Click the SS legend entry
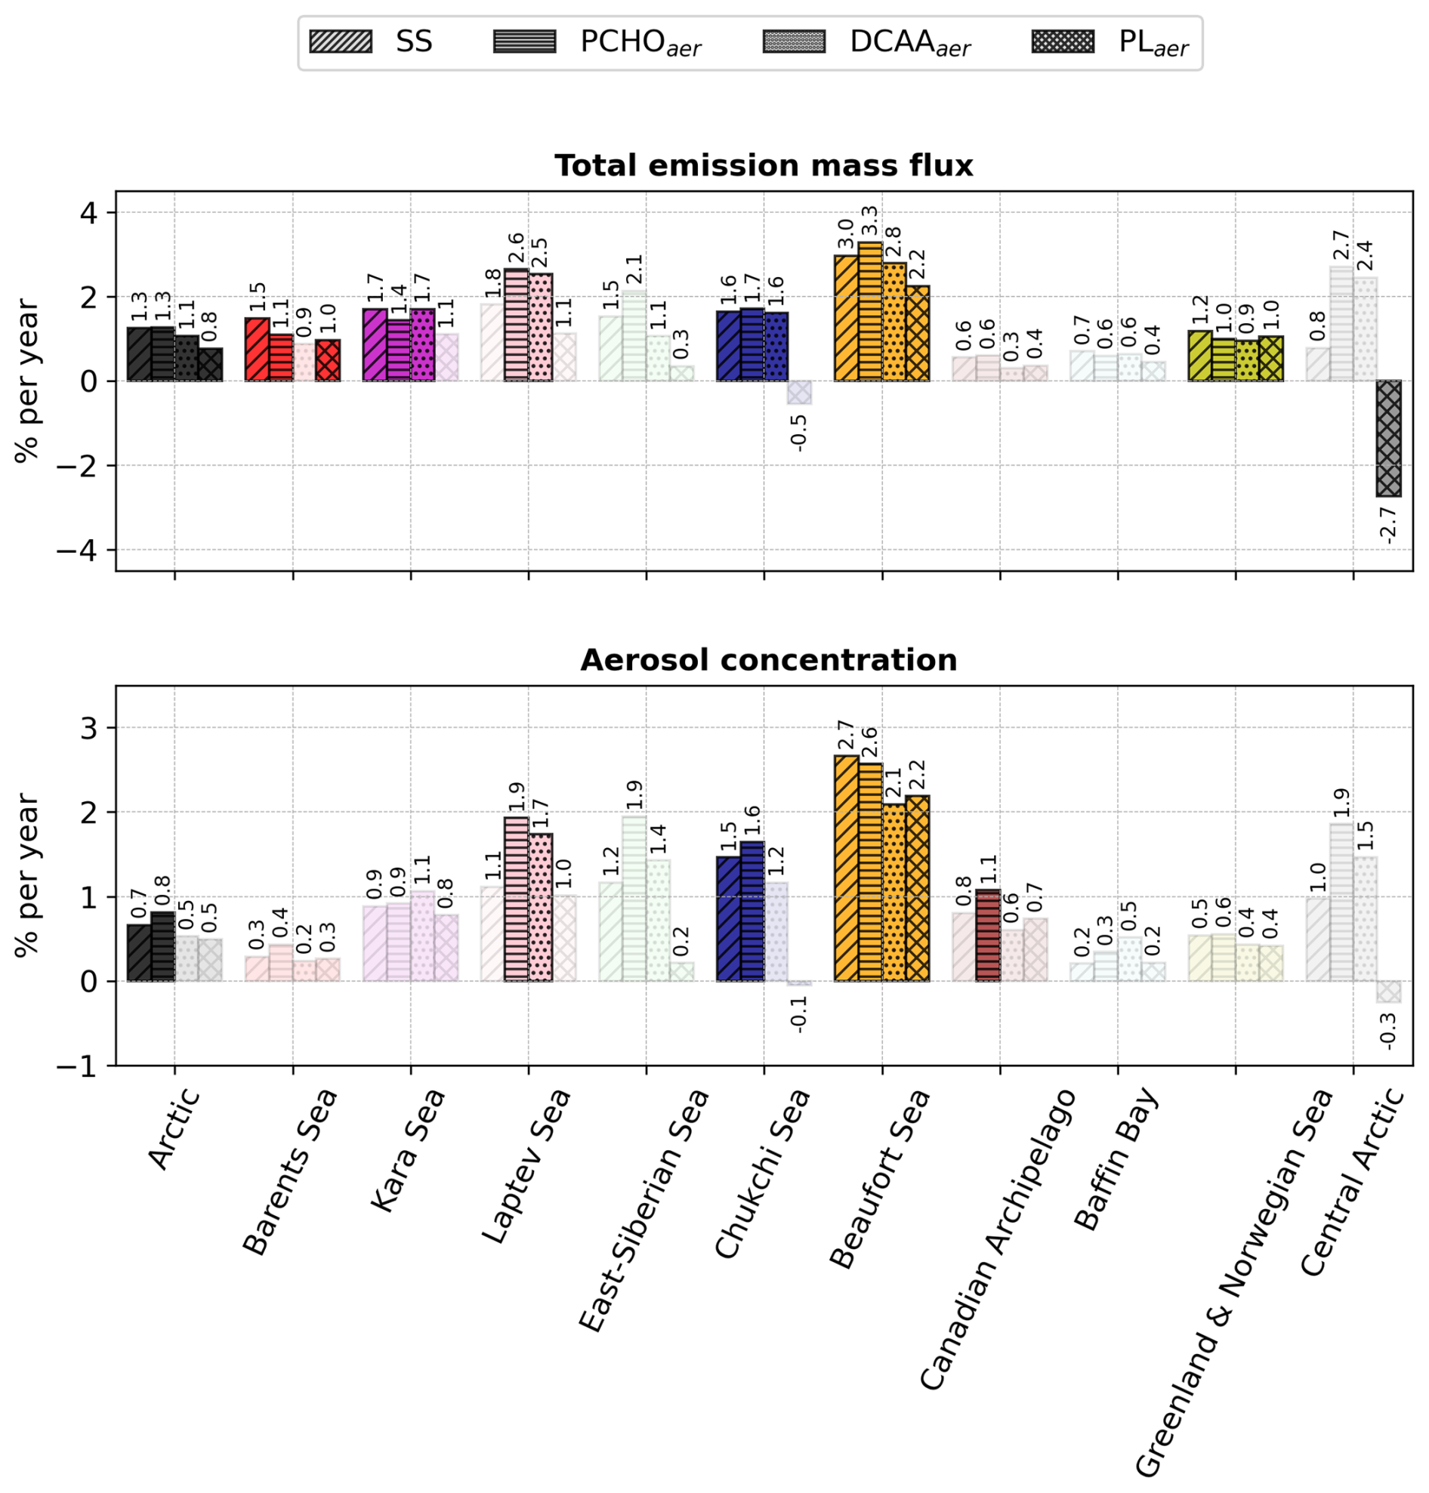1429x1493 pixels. [371, 42]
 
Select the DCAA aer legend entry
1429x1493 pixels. [867, 42]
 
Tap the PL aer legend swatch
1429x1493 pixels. [1063, 42]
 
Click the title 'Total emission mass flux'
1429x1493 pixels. [764, 166]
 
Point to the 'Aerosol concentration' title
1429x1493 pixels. [768, 660]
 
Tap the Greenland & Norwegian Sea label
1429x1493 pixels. [1234, 1280]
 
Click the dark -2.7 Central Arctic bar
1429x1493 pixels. [1388, 438]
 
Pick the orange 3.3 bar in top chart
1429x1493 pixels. [870, 311]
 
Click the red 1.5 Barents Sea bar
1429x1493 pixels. [257, 349]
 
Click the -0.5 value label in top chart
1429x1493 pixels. [799, 432]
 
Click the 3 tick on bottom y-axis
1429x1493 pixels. [89, 728]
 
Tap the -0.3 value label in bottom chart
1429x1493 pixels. [1388, 1031]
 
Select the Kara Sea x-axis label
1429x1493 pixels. [408, 1150]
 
